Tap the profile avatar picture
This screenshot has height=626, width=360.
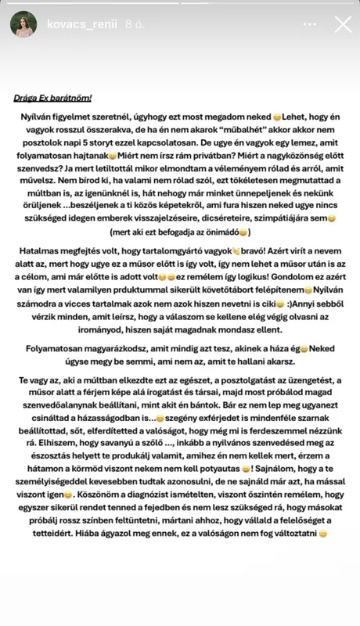tap(23, 24)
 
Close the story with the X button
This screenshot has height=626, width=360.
tap(343, 24)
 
